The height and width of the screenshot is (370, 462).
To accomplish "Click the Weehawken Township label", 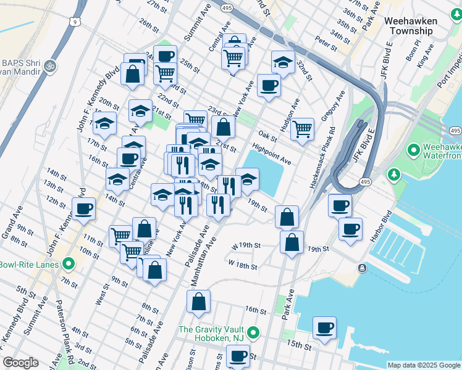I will [411, 25].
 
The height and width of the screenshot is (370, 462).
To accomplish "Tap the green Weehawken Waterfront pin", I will [413, 150].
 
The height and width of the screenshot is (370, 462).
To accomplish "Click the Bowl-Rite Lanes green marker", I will [68, 265].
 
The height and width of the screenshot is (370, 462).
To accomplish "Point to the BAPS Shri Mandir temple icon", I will [51, 64].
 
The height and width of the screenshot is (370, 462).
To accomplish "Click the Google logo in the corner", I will [20, 362].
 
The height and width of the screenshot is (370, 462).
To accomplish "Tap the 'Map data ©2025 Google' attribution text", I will [424, 365].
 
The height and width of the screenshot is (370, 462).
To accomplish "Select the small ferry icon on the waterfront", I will [362, 267].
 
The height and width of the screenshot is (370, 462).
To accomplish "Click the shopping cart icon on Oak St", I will [302, 129].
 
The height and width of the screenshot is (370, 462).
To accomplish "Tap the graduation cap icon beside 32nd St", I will [283, 62].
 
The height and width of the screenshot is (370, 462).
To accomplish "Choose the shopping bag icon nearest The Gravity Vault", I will [198, 302].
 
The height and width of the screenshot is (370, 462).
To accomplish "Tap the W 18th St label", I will [242, 265].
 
